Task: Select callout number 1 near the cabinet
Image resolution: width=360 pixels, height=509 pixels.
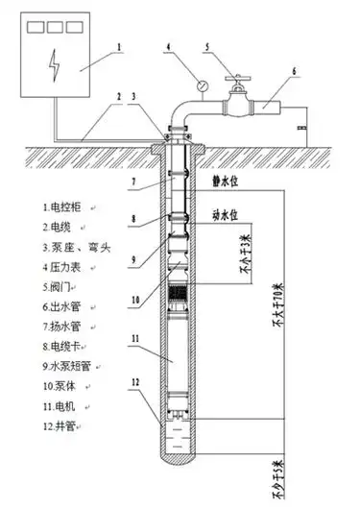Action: [x=117, y=44]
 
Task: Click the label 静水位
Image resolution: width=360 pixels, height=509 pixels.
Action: [x=223, y=179]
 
